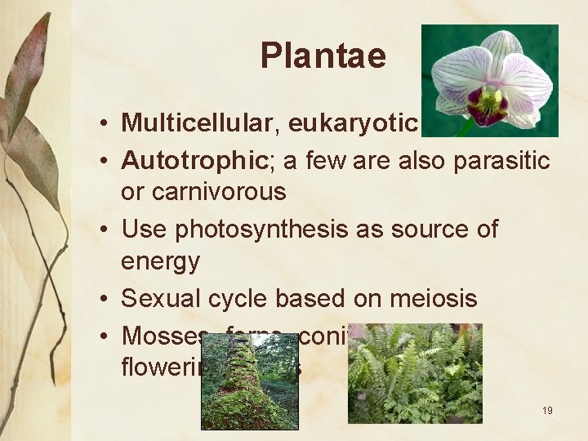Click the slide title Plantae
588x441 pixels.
tap(323, 56)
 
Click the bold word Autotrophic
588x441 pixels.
tap(189, 160)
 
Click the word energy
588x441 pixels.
tap(160, 262)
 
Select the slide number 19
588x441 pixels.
tap(547, 410)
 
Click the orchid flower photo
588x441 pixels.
tap(489, 80)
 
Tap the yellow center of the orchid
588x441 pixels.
tap(491, 100)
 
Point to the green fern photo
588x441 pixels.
tap(415, 373)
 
